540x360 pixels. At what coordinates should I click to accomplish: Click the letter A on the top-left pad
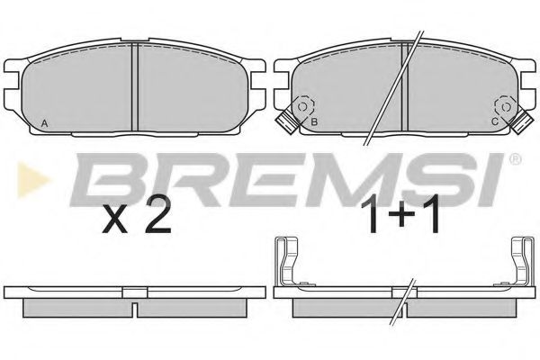tap(44, 122)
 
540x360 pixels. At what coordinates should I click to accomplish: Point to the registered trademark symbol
tap(514, 159)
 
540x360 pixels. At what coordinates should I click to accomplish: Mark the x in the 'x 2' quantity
tap(114, 221)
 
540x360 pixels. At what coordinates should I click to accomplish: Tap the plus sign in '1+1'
tap(400, 220)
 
